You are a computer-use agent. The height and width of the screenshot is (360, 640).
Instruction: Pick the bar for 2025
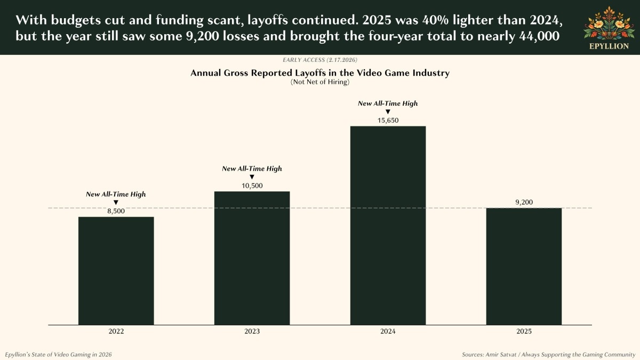[524, 266]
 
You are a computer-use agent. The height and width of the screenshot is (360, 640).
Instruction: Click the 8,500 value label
[116, 211]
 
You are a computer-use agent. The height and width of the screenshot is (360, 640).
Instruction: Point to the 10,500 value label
[252, 186]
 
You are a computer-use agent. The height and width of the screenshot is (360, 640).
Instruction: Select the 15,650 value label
[388, 121]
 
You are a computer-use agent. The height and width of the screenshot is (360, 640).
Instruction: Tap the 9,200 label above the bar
[524, 202]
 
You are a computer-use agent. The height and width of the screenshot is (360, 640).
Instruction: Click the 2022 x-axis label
[116, 331]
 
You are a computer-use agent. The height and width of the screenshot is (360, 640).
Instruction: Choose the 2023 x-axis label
[252, 331]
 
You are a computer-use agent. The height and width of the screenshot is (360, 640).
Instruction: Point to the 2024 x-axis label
[388, 331]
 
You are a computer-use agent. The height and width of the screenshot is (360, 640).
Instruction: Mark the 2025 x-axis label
[524, 331]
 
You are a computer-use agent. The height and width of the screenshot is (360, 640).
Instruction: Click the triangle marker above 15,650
[388, 111]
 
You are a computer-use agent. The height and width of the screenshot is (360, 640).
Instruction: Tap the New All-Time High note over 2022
[116, 194]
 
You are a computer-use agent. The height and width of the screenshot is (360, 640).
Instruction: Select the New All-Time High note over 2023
[252, 169]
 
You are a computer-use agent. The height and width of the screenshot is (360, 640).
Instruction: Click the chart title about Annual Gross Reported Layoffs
[320, 73]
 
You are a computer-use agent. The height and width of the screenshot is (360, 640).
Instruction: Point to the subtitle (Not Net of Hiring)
[320, 82]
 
